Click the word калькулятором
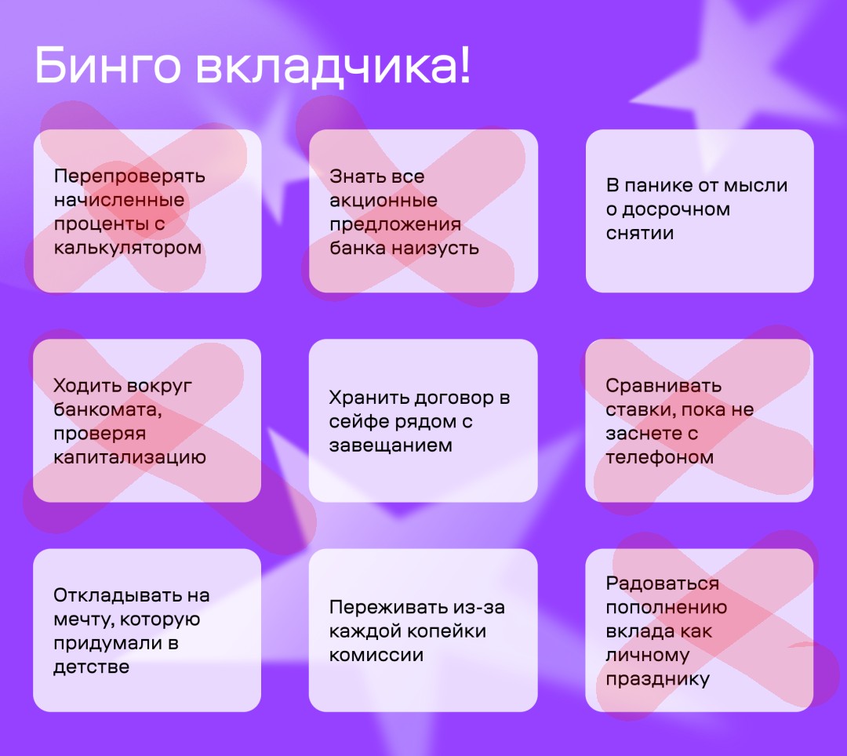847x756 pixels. click(x=128, y=248)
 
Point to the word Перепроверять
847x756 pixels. click(x=129, y=176)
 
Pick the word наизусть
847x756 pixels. click(x=435, y=248)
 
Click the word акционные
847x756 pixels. click(x=384, y=200)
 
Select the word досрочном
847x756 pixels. click(x=676, y=209)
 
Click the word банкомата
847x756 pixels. click(x=107, y=410)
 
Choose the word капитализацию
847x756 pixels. click(x=129, y=457)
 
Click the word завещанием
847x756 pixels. click(x=391, y=445)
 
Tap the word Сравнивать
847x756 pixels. click(x=663, y=386)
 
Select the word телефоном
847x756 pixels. click(x=660, y=457)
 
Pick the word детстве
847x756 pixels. click(x=91, y=667)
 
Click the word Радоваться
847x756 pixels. click(x=662, y=583)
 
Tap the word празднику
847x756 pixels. click(x=657, y=679)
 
